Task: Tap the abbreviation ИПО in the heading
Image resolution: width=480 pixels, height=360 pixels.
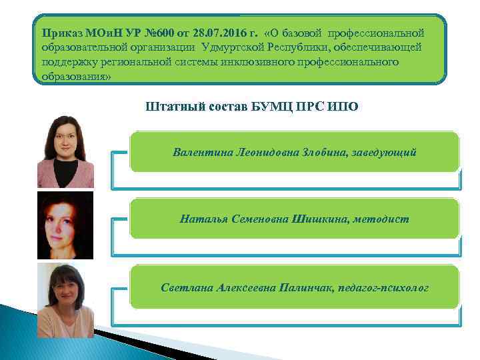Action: tap(343, 107)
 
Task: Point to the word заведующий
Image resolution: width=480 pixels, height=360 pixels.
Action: tap(387, 152)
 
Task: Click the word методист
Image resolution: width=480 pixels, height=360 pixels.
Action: tap(381, 218)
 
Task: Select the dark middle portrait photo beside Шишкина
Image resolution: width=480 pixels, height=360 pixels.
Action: tap(65, 225)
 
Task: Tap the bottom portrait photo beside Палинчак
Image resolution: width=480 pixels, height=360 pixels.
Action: tap(65, 299)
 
